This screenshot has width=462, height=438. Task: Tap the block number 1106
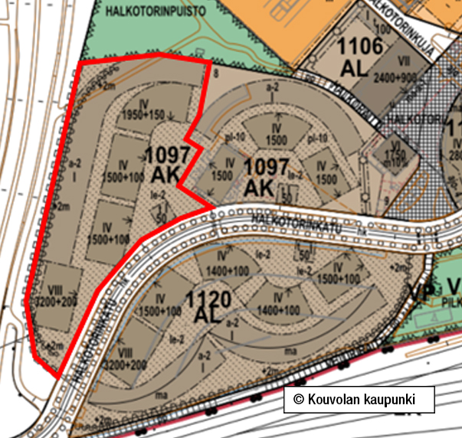coord(359,47)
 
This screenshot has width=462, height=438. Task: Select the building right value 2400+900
coord(395,78)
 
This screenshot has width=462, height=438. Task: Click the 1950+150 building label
coord(143,116)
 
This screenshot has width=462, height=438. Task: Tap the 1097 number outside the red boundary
coord(267,166)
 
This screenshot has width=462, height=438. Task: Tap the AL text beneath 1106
coord(356,67)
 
